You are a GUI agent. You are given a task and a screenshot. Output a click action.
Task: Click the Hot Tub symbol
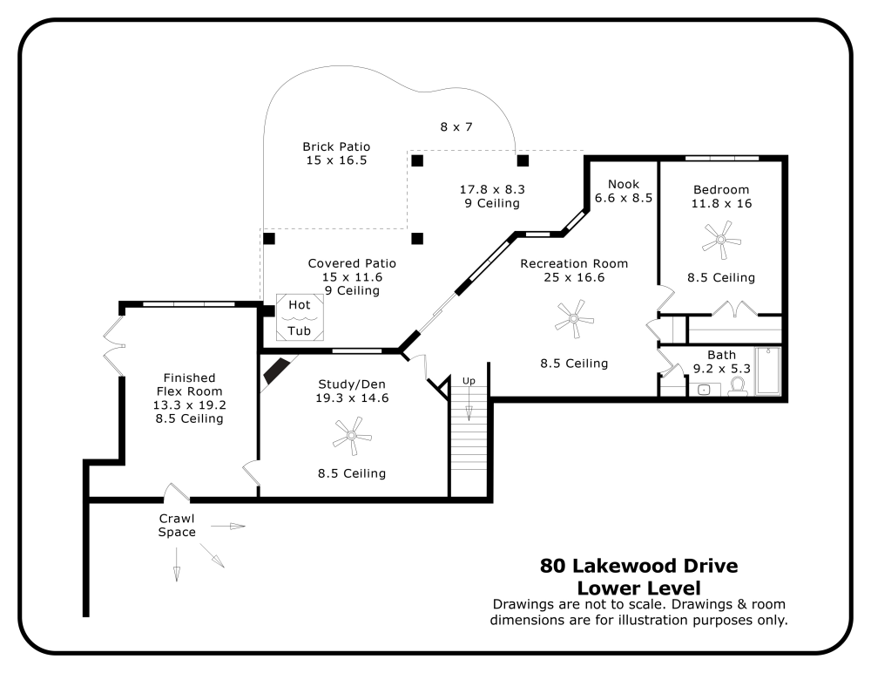[x=300, y=317]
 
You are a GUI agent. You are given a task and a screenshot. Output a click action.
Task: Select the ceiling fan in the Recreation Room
[x=574, y=319]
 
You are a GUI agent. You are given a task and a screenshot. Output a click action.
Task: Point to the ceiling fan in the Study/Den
[x=352, y=433]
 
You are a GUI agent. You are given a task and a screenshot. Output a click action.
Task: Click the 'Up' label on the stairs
[x=469, y=381]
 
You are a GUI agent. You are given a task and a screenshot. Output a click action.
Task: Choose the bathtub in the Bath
[x=769, y=372]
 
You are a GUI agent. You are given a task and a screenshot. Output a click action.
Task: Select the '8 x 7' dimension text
[x=456, y=126]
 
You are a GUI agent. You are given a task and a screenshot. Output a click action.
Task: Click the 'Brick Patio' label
[x=336, y=146]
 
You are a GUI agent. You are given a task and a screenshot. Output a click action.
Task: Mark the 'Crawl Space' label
[x=177, y=525]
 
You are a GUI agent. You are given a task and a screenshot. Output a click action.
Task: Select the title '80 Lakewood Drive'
[x=638, y=566]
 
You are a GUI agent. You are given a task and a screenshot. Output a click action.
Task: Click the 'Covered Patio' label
[x=352, y=263]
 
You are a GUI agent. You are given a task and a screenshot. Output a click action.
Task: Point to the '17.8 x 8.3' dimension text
[x=492, y=188]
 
